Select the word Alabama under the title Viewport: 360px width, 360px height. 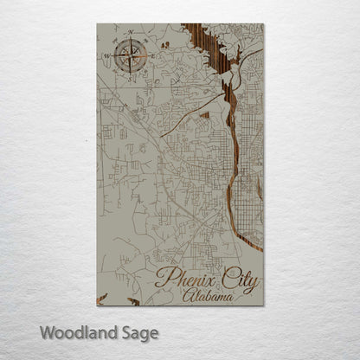(208, 296)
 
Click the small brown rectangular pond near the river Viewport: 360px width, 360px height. (205, 113)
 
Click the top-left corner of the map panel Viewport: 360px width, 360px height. (97, 24)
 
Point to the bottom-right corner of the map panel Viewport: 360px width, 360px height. (262, 305)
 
